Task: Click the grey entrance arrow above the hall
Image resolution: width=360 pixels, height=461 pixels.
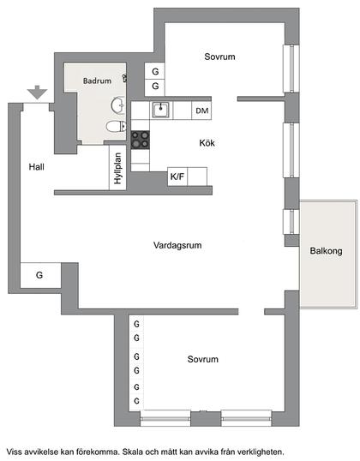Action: point(35,91)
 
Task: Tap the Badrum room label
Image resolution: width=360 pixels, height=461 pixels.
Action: point(96,81)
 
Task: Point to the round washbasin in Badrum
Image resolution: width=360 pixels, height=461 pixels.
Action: point(118,106)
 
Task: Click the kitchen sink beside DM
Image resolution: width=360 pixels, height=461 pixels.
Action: point(159,110)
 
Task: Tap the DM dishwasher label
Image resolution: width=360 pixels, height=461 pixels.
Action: point(201,111)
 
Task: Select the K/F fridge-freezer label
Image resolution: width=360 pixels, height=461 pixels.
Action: point(177,177)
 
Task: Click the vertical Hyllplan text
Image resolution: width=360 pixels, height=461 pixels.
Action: point(117,168)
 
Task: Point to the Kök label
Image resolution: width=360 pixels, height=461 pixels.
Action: point(207,144)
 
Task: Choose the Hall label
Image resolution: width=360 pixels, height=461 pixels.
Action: point(35,166)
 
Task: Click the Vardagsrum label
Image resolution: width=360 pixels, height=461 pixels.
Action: point(177,244)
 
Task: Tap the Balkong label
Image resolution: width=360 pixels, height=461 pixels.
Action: point(327,251)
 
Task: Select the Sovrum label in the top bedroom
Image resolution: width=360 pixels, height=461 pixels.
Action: point(219,57)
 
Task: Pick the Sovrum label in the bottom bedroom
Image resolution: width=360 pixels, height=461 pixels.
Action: point(203,359)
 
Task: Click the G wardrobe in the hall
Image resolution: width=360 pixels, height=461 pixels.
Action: point(39,275)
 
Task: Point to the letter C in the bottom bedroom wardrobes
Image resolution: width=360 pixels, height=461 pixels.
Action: point(136,400)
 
